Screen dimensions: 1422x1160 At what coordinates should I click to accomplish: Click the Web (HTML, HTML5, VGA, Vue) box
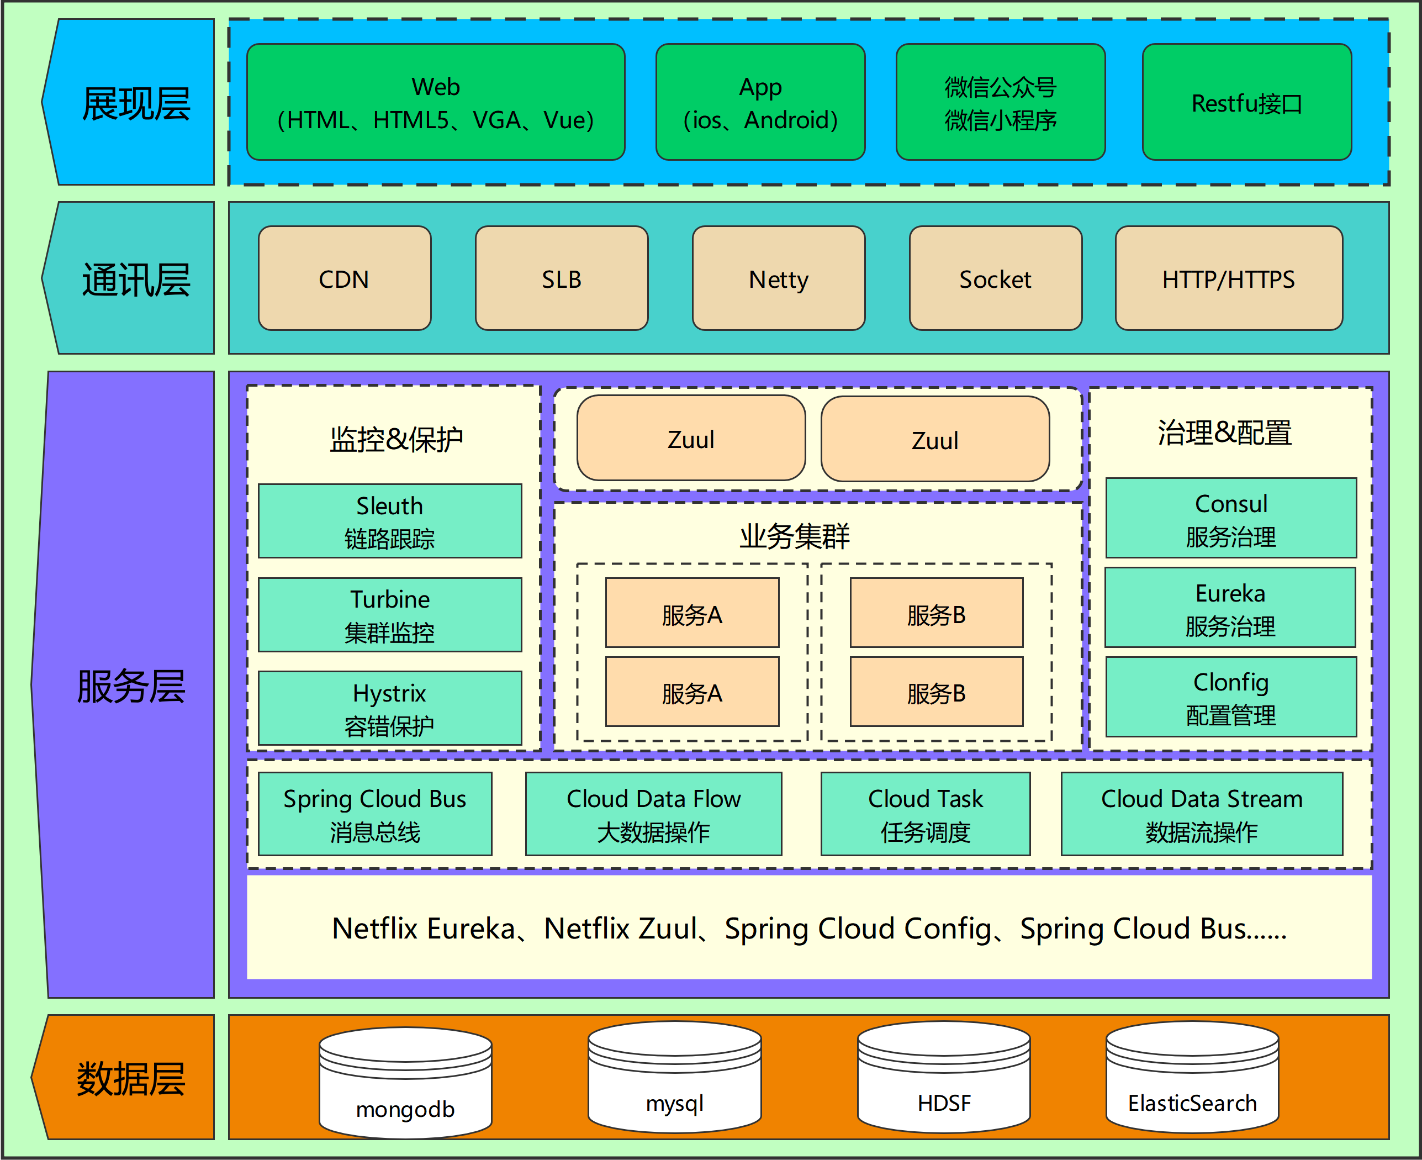click(x=436, y=102)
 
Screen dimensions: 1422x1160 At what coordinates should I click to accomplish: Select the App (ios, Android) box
click(x=760, y=102)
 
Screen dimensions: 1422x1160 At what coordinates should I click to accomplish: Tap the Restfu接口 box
click(x=1247, y=102)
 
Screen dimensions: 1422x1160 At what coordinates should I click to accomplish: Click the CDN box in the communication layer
click(x=345, y=278)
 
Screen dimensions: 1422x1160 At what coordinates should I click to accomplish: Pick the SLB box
click(x=562, y=278)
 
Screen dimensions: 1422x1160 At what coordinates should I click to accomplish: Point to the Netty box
click(x=779, y=278)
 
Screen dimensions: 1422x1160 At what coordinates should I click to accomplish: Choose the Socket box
click(x=996, y=278)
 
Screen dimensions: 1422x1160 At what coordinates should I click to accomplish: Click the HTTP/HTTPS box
click(x=1229, y=278)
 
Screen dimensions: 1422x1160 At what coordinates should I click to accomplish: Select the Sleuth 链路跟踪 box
click(x=390, y=520)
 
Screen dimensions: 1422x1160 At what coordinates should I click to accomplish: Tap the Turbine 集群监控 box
click(x=390, y=614)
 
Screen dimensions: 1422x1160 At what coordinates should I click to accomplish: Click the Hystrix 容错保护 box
click(x=390, y=708)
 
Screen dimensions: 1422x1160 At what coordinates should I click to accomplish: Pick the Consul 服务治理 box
click(x=1231, y=518)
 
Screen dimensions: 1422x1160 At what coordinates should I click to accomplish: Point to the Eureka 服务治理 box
click(x=1230, y=608)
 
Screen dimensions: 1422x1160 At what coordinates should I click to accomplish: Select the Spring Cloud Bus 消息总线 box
click(x=375, y=814)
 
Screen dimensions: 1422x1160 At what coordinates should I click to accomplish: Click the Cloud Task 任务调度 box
click(x=926, y=814)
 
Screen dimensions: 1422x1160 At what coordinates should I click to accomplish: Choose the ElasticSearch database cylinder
click(x=1192, y=1077)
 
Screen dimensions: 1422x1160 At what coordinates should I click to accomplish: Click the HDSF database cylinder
click(x=944, y=1077)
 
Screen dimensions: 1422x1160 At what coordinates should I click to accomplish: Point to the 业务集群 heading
click(x=794, y=536)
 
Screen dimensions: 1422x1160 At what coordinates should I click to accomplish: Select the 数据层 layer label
click(x=131, y=1078)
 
